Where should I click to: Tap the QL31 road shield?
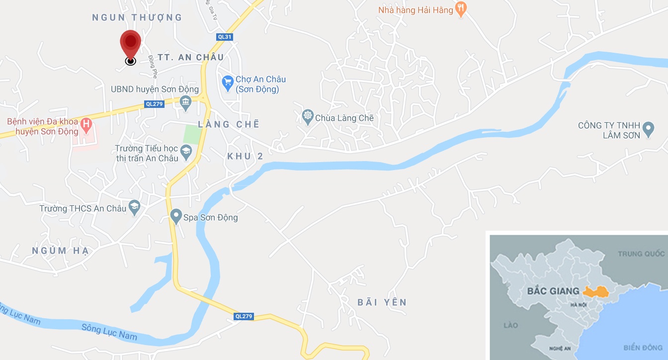tap(225, 37)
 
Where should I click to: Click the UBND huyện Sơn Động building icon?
tap(186, 103)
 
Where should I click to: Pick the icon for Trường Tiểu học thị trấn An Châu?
tap(186, 152)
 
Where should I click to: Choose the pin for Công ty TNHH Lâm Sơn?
tap(648, 130)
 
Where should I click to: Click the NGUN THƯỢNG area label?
tap(137, 18)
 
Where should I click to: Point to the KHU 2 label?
tap(245, 156)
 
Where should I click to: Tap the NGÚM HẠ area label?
tap(60, 251)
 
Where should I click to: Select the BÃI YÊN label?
tap(382, 302)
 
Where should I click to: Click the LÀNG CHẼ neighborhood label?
tap(229, 124)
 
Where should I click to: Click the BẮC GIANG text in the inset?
tap(552, 291)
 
